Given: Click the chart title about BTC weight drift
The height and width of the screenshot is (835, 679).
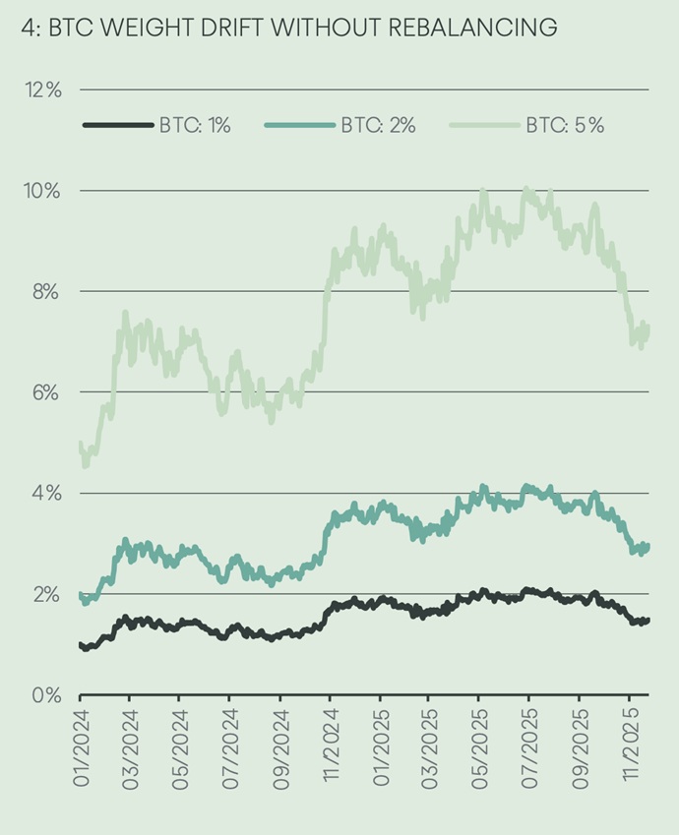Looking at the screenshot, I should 288,29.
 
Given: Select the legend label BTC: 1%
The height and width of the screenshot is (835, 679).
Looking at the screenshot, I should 195,125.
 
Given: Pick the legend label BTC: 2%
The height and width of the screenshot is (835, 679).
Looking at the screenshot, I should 379,125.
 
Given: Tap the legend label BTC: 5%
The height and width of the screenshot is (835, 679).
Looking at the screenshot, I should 565,125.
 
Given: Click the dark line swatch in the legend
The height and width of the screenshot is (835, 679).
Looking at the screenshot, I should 118,125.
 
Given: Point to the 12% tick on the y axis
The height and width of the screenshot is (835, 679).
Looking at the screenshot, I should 41,89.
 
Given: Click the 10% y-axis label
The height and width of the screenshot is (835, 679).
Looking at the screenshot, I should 41,191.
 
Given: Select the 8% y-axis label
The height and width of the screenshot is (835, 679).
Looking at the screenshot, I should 45,291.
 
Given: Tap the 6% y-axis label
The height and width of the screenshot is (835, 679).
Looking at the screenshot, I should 45,392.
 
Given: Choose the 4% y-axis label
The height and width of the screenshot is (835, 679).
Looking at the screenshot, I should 45,493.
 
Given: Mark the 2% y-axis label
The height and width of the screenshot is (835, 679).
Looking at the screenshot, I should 45,594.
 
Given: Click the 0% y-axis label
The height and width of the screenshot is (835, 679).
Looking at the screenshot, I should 45,694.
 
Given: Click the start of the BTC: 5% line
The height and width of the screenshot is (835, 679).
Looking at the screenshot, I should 80,446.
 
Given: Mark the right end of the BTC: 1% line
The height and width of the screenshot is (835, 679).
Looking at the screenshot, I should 648,620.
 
